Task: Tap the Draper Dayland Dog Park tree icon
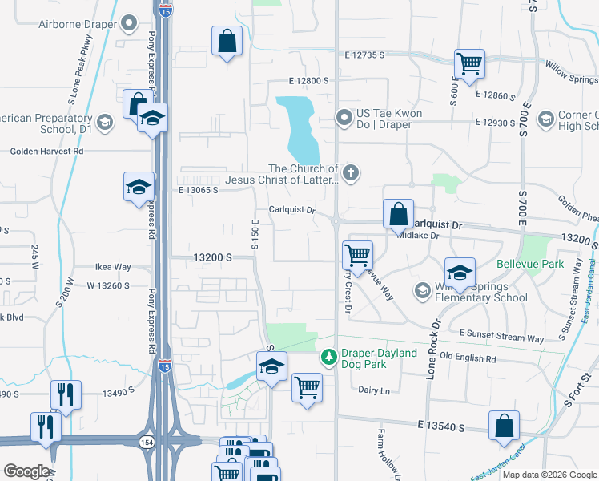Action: [x=328, y=356]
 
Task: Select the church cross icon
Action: [x=350, y=172]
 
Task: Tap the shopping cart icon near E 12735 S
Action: [x=468, y=63]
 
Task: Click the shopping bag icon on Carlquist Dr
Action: [x=398, y=214]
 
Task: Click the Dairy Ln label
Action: [x=373, y=390]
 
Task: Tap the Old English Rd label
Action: [x=468, y=358]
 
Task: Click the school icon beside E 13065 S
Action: [x=139, y=187]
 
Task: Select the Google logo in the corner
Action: [x=26, y=471]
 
